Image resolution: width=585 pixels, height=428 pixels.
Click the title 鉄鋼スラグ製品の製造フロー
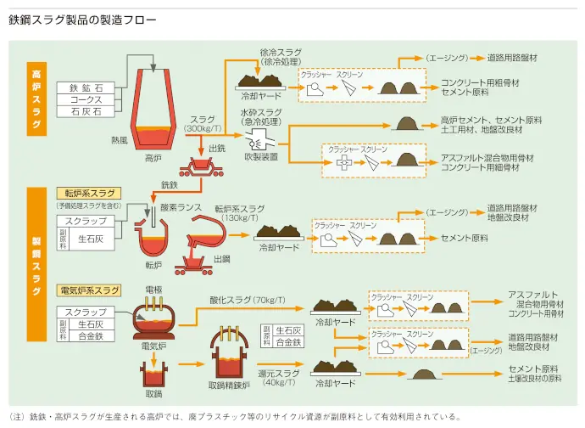coord(81,18)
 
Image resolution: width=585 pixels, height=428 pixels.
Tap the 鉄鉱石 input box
coord(86,88)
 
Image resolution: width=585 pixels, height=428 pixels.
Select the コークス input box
coord(86,99)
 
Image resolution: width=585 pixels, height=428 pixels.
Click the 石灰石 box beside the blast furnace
coord(86,110)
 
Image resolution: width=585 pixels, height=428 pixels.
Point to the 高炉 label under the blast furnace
coord(153,157)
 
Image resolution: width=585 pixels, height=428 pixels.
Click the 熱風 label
coord(118,138)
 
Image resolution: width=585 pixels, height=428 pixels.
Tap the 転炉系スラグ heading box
coord(88,194)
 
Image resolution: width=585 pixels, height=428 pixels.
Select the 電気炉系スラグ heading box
coord(88,290)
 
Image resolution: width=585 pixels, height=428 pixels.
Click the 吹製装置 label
coord(260,156)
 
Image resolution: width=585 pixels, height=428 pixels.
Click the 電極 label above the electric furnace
coord(153,290)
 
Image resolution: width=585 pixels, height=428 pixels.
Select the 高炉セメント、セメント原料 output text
coord(491,121)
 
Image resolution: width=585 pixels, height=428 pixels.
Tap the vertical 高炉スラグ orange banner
coord(36,98)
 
